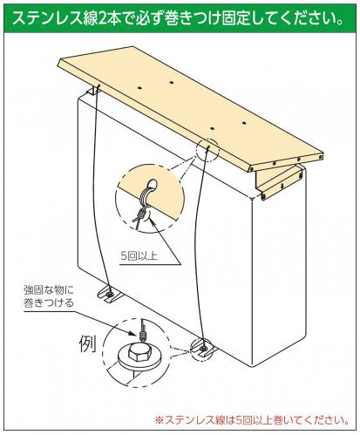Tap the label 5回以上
tap(139, 256)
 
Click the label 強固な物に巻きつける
tap(49, 296)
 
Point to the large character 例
tap(88, 343)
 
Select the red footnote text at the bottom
tap(252, 420)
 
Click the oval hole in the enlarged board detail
tap(152, 184)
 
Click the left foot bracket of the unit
tap(110, 294)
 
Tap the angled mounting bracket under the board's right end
tap(279, 180)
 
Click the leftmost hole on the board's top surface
tap(140, 86)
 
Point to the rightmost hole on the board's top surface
tap(244, 123)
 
